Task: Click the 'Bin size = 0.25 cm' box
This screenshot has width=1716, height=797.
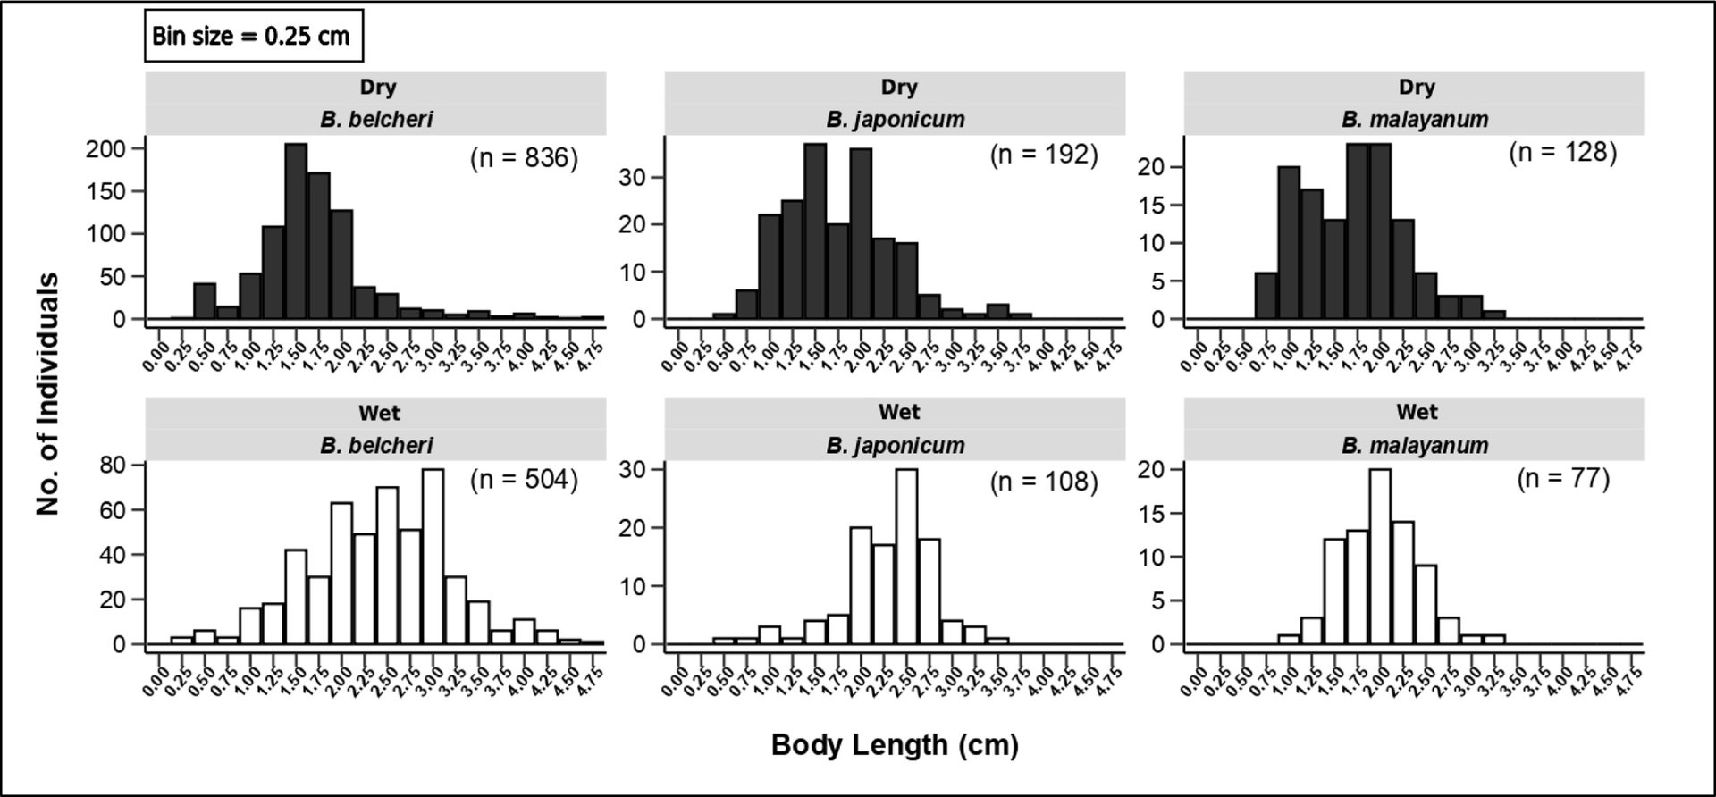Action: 254,37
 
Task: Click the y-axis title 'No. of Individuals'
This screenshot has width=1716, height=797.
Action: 48,394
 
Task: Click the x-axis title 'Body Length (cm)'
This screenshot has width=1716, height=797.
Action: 895,744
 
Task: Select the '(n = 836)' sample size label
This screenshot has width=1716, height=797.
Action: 525,158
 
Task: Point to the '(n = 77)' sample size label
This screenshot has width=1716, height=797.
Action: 1563,479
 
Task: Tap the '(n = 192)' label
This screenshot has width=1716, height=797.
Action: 1044,155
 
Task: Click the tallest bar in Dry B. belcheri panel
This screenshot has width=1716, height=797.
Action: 296,231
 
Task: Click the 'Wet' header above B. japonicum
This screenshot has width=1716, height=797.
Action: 898,412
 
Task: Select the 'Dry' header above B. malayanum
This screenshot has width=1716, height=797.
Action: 1417,88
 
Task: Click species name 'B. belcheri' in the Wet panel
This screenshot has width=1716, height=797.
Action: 376,445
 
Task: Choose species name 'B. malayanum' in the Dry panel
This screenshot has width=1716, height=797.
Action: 1415,119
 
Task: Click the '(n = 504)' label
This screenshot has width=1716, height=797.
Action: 525,480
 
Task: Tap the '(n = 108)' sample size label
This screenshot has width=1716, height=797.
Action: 1044,482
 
